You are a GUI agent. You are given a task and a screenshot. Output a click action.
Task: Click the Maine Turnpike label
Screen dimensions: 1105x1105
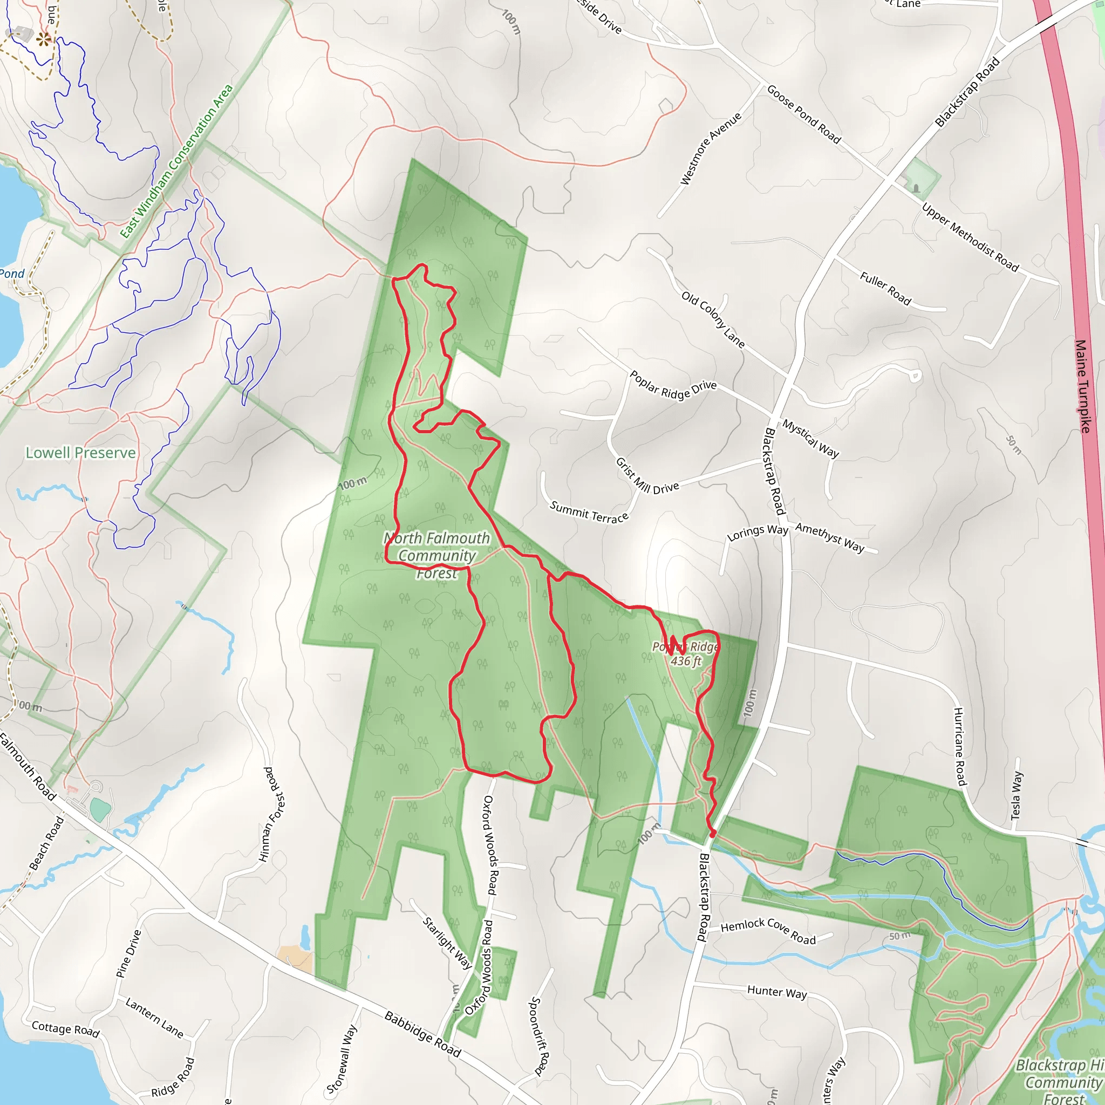pos(1083,387)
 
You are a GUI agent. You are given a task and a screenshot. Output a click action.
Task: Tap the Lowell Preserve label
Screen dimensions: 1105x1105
pos(80,453)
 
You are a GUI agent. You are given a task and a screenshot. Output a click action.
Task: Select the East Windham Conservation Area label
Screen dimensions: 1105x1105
pos(177,161)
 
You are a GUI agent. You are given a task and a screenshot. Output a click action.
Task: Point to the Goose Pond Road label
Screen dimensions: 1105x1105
pos(803,114)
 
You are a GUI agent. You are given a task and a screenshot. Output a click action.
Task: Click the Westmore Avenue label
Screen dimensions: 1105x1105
pos(711,149)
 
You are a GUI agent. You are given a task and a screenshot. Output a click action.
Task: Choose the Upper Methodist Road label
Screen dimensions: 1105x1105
pos(970,237)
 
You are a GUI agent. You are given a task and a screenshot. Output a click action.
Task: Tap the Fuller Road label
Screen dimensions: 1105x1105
pos(885,288)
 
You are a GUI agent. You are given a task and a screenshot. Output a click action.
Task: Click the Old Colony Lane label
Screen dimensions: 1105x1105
pos(713,320)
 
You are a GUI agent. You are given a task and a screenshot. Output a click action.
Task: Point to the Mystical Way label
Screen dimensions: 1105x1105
pos(810,439)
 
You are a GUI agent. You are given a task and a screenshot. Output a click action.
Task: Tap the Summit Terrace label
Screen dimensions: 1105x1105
pos(589,512)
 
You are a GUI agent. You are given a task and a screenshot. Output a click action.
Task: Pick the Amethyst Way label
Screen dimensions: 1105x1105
pos(829,537)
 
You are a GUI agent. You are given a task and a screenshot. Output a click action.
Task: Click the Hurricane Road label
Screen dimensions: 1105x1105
pos(960,746)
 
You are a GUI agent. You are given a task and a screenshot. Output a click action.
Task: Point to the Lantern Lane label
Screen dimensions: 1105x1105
pos(154,1018)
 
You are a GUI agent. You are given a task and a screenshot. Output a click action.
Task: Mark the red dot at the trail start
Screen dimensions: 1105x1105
pos(713,833)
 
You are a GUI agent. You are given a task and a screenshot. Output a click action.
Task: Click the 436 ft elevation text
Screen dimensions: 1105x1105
pos(686,661)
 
